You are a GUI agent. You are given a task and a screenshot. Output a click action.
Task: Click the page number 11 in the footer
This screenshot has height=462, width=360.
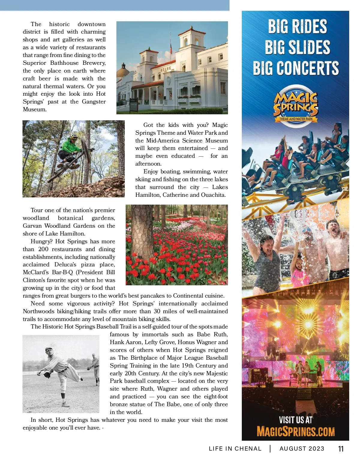click(x=340, y=449)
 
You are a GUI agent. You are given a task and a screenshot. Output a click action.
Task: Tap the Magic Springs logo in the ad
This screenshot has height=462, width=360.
click(x=295, y=106)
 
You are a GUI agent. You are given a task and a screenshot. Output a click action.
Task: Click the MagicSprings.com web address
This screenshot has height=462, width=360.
click(x=295, y=432)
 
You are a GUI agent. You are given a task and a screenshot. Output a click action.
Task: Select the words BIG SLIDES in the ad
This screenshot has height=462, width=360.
click(x=297, y=47)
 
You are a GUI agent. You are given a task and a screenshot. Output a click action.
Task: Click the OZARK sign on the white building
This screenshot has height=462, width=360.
click(x=166, y=69)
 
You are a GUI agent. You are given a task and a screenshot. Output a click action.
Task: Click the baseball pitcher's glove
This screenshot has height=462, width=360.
click(x=47, y=374)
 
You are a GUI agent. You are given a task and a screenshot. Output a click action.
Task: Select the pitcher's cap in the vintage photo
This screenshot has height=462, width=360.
click(x=49, y=350)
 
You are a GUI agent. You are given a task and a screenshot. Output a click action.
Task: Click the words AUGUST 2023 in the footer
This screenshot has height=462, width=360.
click(x=302, y=449)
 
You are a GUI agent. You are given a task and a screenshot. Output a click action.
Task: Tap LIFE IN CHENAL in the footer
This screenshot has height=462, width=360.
click(x=235, y=449)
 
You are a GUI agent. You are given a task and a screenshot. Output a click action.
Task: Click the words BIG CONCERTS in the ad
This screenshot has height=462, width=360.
click(x=296, y=68)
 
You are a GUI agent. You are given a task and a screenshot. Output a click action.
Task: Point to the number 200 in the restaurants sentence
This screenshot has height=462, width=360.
click(x=43, y=249)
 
